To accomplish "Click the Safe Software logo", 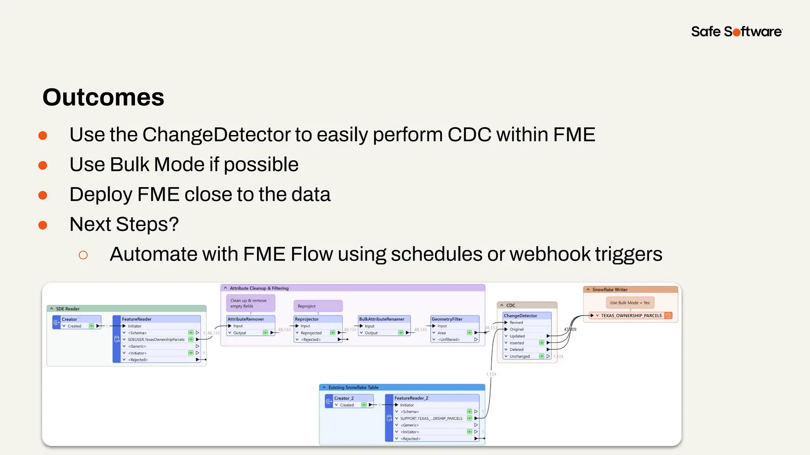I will click(736, 32).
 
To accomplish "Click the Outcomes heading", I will click(103, 97).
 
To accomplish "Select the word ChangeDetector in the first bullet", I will click(217, 135).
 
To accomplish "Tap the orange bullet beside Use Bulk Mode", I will click(43, 165).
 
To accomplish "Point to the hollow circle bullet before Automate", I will click(83, 255).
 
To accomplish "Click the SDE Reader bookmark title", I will click(68, 309).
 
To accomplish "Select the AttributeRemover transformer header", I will click(246, 319).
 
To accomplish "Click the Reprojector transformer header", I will click(307, 319).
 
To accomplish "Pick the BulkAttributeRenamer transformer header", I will click(382, 319).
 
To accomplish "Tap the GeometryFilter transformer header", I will click(447, 319).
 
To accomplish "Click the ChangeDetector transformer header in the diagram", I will click(520, 316).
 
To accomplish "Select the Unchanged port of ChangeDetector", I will click(519, 356).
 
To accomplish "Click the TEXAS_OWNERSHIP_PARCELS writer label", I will click(631, 316).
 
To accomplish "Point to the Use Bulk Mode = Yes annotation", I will click(630, 303).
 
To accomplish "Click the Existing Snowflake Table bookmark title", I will click(353, 387).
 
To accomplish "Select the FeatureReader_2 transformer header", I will click(411, 398).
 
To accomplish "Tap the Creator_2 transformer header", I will click(344, 398).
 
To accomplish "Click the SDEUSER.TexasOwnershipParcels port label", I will click(156, 340).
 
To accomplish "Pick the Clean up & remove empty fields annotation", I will click(249, 303).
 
